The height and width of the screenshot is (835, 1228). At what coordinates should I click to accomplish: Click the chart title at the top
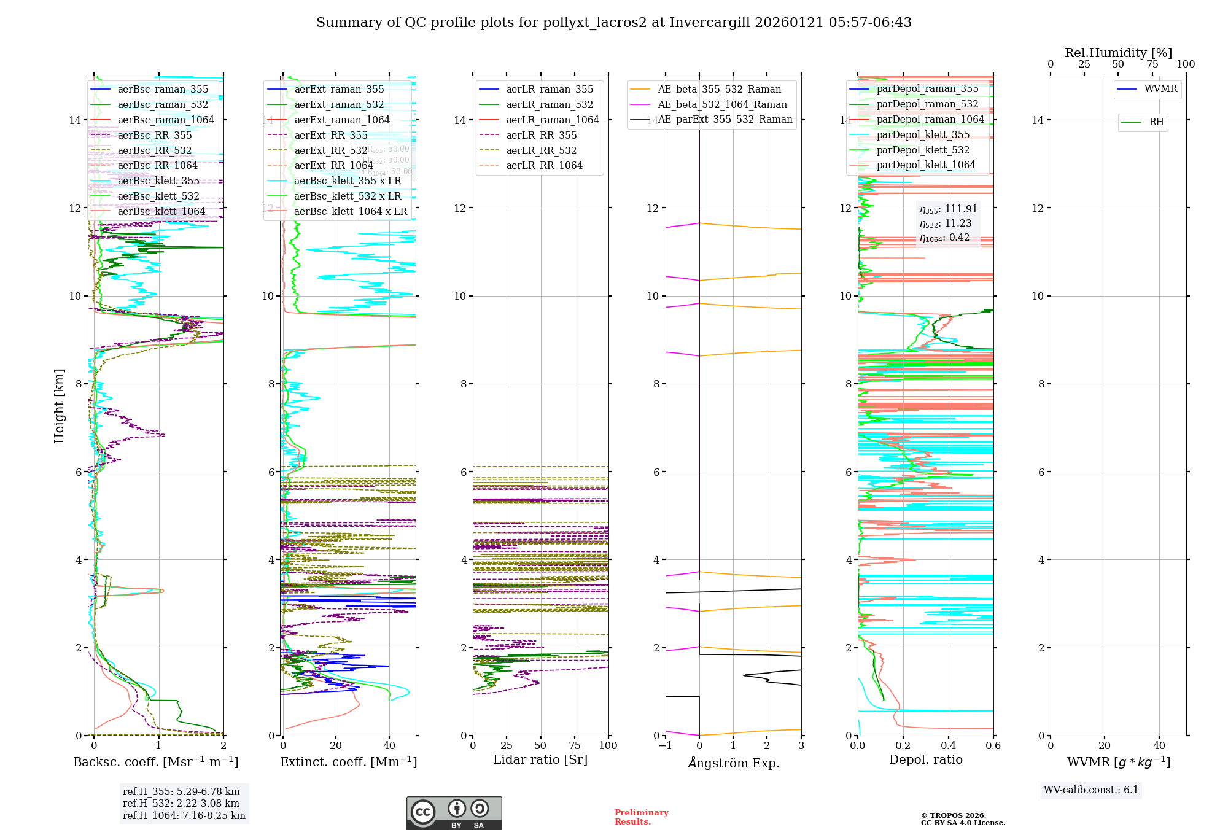click(x=613, y=23)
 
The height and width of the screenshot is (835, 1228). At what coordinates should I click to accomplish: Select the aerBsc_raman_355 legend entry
click(x=163, y=90)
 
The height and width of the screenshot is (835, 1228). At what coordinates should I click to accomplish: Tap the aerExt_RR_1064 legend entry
click(x=333, y=166)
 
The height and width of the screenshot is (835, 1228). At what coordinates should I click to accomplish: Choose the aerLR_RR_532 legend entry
click(x=541, y=151)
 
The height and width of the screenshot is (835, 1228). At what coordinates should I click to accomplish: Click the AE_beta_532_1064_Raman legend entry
click(x=722, y=105)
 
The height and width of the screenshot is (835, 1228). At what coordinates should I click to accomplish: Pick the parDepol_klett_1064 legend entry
click(x=925, y=165)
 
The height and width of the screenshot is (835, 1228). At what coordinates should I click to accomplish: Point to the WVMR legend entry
click(x=1160, y=89)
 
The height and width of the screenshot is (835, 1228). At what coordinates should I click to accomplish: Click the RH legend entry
click(x=1156, y=122)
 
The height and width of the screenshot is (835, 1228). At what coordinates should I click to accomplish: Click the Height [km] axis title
click(x=59, y=406)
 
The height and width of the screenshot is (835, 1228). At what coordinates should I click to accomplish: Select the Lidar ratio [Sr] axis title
click(x=540, y=760)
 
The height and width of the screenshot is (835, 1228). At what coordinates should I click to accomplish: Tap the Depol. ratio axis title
click(x=925, y=760)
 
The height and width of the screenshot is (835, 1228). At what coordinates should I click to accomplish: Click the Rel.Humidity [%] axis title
click(x=1118, y=53)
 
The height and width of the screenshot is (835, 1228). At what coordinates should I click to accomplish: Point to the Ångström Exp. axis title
click(x=733, y=763)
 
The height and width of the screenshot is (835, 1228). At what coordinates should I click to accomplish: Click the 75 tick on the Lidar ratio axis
click(x=575, y=746)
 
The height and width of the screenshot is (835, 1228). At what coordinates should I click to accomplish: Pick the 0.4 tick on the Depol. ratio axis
click(x=948, y=746)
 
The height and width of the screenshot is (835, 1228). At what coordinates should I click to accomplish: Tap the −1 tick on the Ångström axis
click(x=665, y=746)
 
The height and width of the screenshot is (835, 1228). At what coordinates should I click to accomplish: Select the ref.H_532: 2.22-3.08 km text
click(x=181, y=804)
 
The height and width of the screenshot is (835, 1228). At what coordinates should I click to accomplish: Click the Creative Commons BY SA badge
click(x=454, y=814)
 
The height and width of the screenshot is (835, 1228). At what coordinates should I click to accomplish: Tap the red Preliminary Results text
click(x=641, y=817)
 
